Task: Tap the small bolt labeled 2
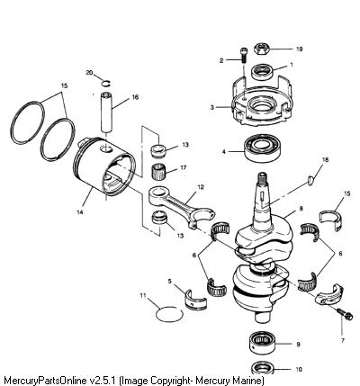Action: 243,55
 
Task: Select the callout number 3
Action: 211,107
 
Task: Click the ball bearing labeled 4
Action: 262,148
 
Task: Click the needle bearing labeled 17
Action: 158,173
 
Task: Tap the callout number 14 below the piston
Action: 80,212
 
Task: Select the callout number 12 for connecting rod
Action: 201,187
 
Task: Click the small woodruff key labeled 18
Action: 310,179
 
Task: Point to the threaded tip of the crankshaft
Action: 262,175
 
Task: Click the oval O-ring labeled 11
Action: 169,314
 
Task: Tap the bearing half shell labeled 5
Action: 194,300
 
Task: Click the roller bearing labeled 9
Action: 263,344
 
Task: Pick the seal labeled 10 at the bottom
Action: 264,369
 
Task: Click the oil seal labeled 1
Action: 263,72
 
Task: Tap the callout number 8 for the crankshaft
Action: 301,208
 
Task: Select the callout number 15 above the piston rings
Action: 64,85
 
